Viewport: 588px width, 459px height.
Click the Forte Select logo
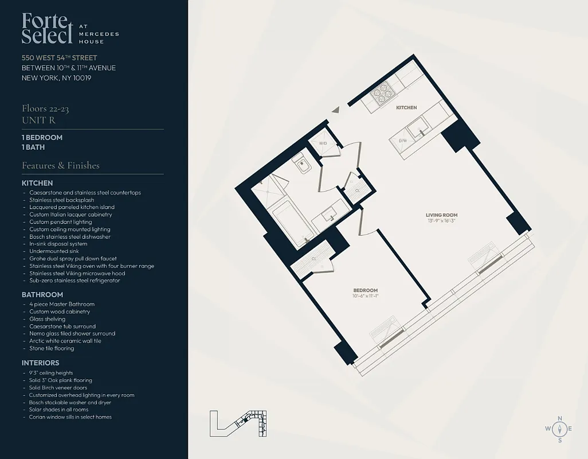[48, 28]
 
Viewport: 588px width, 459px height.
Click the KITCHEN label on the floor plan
[406, 107]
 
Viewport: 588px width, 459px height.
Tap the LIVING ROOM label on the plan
[442, 215]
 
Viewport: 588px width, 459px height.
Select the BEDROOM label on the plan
[366, 290]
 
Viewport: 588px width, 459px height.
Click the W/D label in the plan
[323, 143]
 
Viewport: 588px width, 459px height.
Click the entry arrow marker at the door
[336, 109]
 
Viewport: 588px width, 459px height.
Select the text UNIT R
[38, 119]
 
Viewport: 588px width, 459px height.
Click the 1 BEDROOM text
[42, 138]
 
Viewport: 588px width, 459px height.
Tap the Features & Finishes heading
[61, 165]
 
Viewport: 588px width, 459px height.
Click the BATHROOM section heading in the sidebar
[42, 294]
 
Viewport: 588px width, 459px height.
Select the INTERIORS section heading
[40, 363]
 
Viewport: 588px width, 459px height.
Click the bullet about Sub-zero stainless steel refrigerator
[75, 281]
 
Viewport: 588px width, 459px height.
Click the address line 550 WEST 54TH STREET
[59, 58]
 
